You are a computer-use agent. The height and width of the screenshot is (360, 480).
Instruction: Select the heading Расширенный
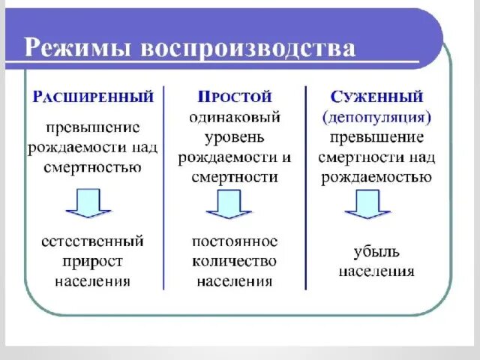pos(93,97)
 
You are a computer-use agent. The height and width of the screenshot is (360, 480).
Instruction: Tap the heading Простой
pos(235,97)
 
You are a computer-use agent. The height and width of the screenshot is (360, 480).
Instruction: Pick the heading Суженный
pos(376,97)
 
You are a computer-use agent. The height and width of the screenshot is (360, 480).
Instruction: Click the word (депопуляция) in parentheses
pos(376,118)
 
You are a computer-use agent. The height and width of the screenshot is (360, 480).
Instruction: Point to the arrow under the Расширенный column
pos(88,202)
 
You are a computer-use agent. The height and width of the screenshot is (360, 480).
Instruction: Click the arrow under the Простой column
pos(228,203)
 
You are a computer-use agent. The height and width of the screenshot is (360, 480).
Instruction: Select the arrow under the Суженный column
pos(367,203)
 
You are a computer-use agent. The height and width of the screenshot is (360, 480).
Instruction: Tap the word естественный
pos(93,241)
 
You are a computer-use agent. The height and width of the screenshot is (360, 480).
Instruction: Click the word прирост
pos(93,262)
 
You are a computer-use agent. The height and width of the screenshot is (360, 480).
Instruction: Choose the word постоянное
pos(235,241)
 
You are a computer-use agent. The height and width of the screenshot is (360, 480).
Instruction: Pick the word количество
pos(235,262)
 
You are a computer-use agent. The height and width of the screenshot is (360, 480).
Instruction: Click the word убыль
pos(376,251)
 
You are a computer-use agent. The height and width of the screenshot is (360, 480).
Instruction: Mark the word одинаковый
pos(235,118)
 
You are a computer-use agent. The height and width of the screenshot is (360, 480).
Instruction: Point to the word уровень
pos(235,137)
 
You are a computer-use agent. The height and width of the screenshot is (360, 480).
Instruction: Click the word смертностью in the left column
pos(93,167)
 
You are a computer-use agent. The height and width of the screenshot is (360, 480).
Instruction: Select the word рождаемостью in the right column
pos(376,177)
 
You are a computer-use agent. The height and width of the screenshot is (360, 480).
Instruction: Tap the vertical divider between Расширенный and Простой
pos(165,187)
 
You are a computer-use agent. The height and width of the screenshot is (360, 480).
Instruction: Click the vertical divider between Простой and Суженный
pos(306,187)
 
